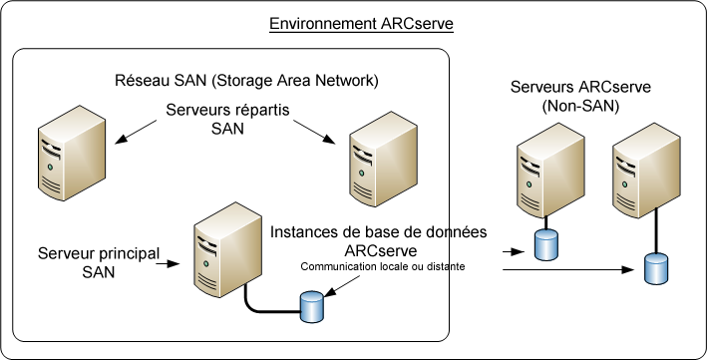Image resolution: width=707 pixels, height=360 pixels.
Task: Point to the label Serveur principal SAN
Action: coord(98,262)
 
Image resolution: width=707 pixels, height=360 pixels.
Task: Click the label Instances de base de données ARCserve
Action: coord(378,240)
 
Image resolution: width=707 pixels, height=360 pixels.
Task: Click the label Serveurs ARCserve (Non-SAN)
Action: coord(580,97)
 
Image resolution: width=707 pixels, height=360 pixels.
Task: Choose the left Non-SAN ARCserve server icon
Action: coord(545,179)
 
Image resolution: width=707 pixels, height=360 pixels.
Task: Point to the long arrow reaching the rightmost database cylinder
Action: coord(568,268)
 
